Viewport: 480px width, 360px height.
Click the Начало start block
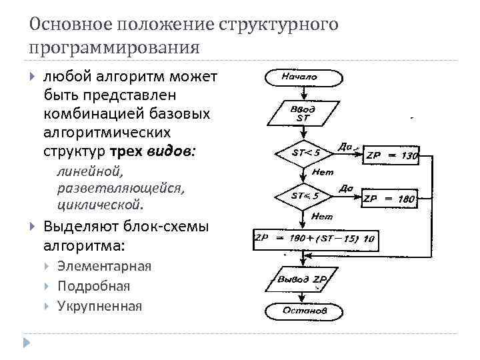(303, 77)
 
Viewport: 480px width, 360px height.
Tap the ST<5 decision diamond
(306, 152)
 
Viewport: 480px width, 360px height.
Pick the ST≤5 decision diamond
(306, 196)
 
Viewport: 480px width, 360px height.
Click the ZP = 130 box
(391, 157)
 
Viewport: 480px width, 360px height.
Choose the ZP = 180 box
(388, 199)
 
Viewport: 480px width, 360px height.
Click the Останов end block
(304, 311)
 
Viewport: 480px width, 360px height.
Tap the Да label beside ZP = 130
(345, 145)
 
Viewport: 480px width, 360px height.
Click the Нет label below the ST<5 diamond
(323, 172)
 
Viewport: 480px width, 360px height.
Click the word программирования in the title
(114, 47)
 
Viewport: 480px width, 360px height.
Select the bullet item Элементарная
(104, 266)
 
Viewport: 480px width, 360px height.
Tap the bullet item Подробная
(93, 286)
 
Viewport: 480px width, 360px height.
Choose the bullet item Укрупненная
(99, 306)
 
